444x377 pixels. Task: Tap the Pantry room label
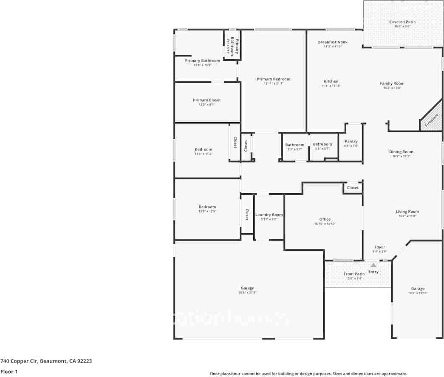click(x=351, y=142)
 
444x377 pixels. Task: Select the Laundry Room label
click(x=269, y=215)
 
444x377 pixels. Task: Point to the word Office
click(x=325, y=219)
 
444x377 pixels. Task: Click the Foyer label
click(x=379, y=247)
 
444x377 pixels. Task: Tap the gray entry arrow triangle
click(x=373, y=265)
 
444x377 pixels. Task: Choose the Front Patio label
click(x=354, y=274)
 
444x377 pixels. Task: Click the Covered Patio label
click(x=402, y=22)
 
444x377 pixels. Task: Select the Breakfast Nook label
click(x=333, y=42)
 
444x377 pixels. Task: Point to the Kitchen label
click(x=331, y=81)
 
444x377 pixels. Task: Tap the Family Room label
click(x=392, y=84)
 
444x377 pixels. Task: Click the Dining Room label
click(x=401, y=152)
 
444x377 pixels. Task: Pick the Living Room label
click(x=407, y=212)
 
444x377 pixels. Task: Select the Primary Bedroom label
click(x=274, y=79)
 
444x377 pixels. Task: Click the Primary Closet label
click(x=207, y=101)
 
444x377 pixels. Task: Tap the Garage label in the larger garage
click(x=247, y=288)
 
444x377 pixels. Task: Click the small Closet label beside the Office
click(x=353, y=187)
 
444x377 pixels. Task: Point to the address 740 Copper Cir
click(x=46, y=361)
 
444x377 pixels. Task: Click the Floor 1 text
click(x=9, y=371)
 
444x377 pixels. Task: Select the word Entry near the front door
click(x=373, y=272)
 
